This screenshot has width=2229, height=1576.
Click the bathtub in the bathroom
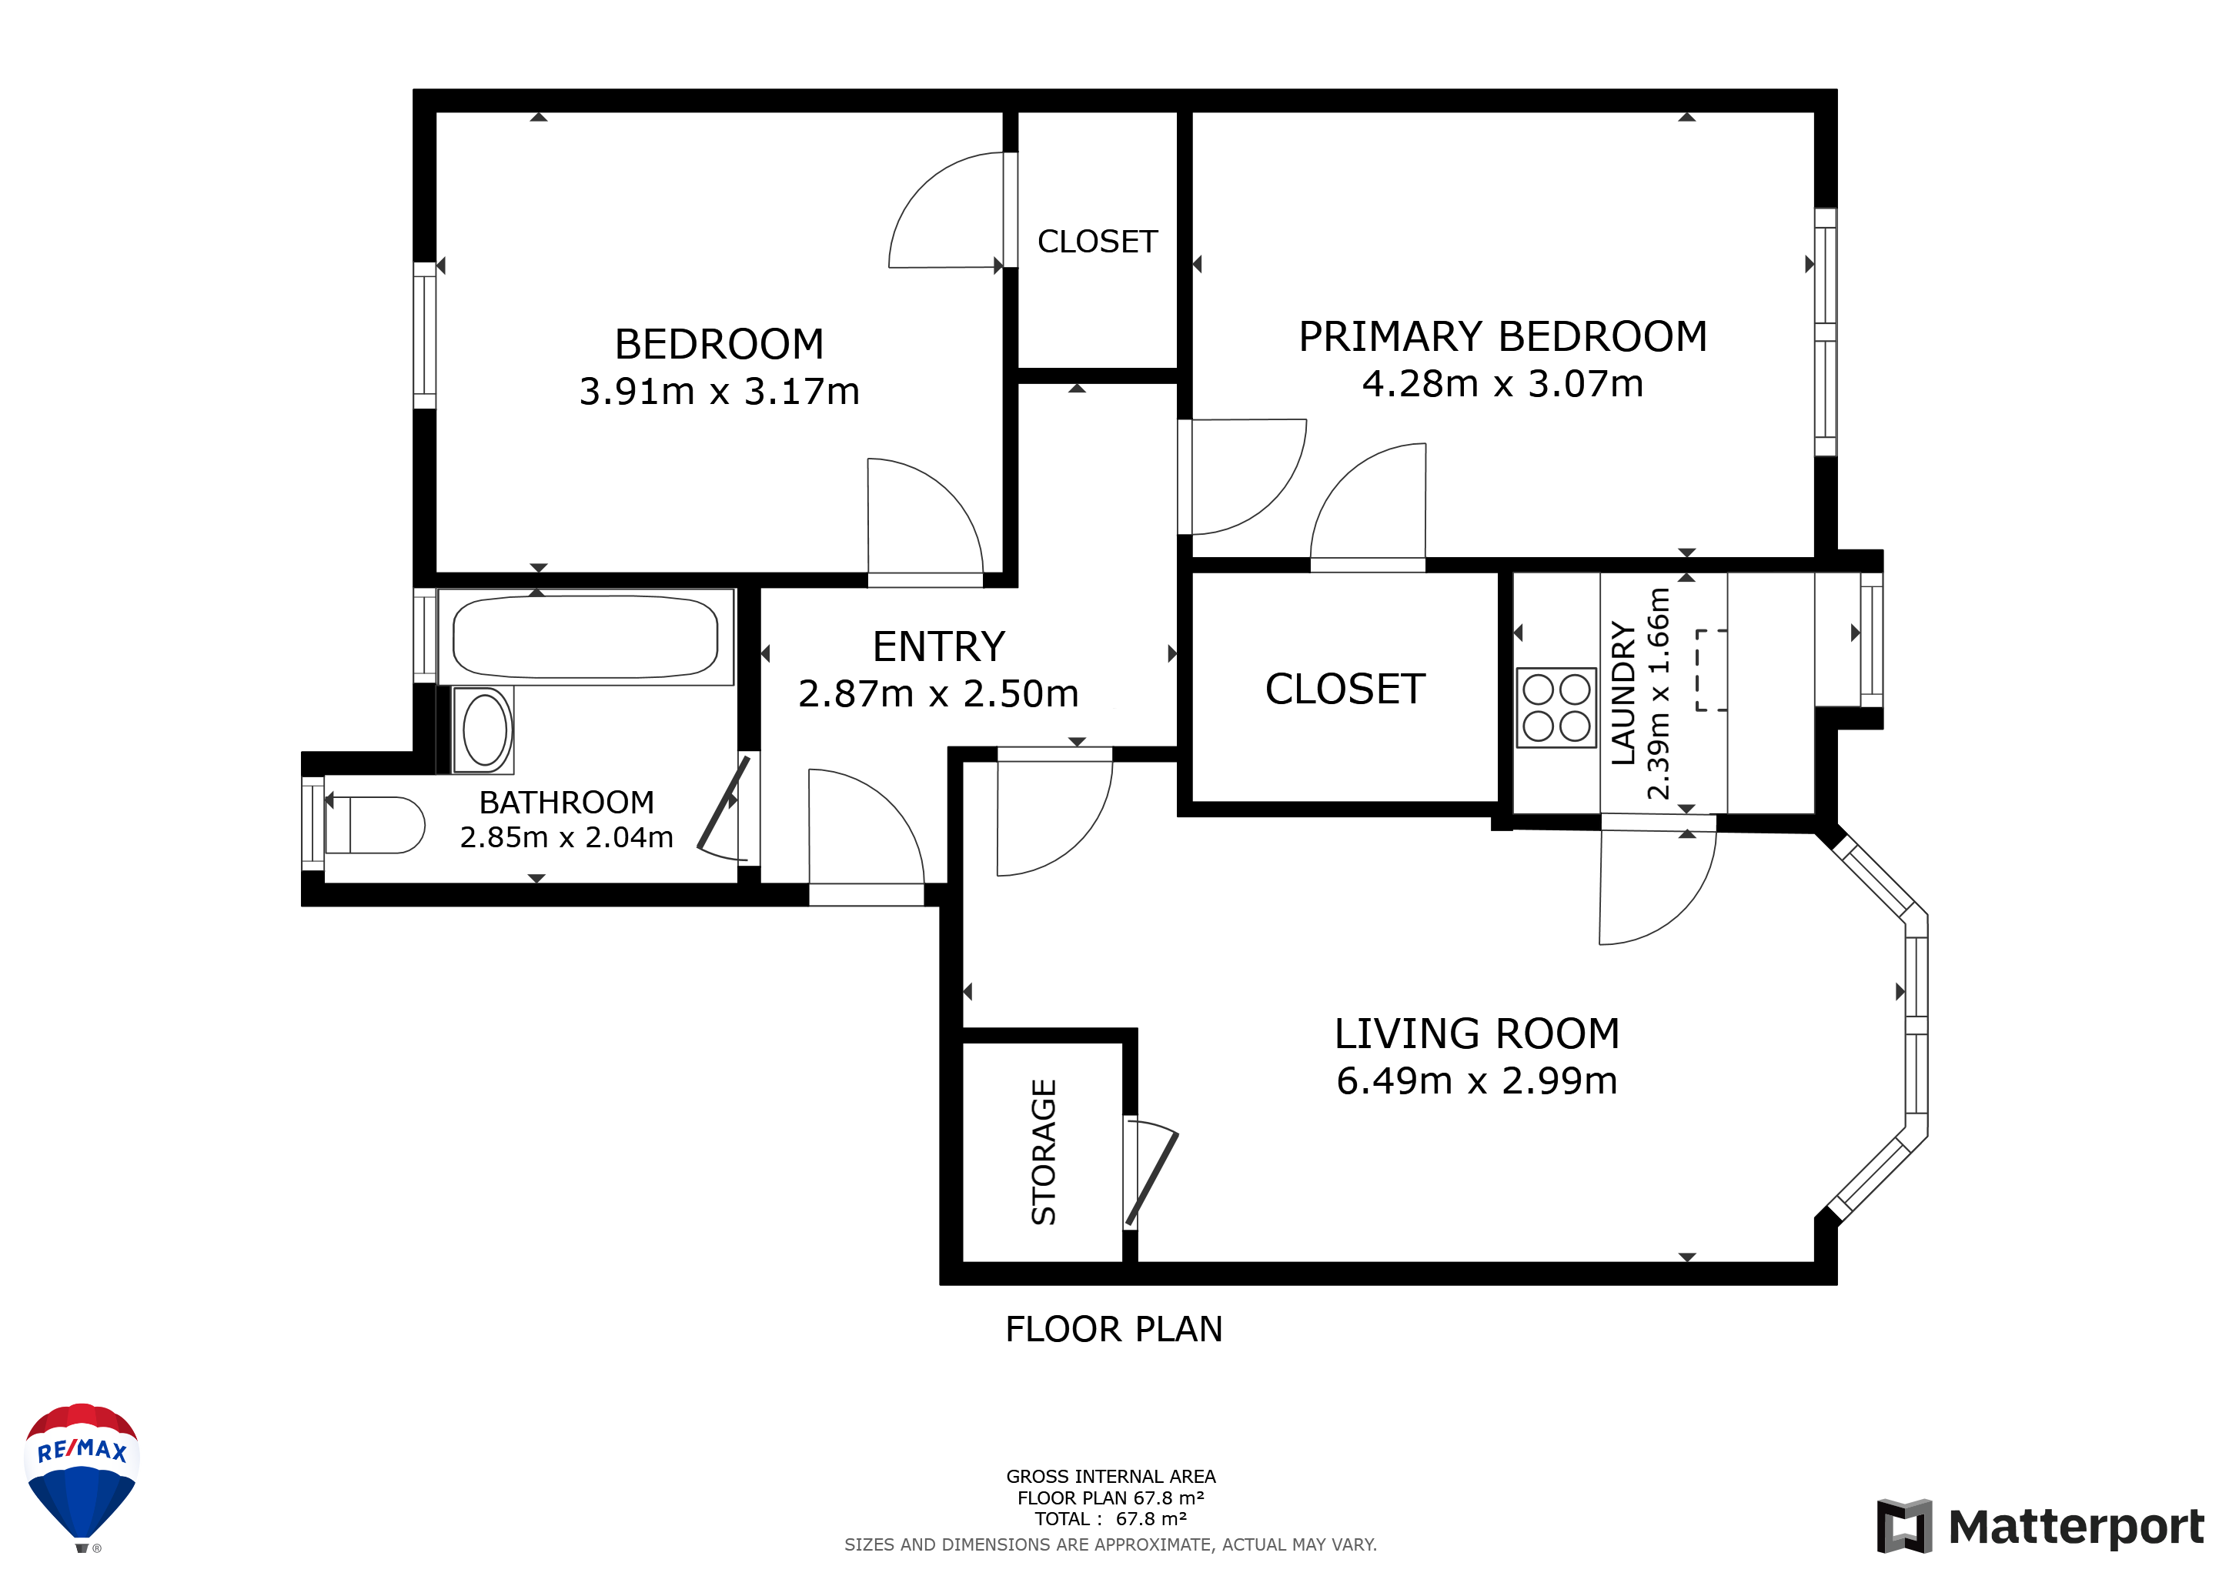point(586,636)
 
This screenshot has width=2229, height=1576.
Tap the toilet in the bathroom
point(375,825)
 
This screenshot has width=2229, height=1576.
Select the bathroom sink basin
point(484,730)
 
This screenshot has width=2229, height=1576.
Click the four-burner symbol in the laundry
point(1556,707)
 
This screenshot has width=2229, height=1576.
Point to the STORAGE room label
point(1044,1152)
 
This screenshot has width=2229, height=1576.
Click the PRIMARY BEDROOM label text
point(1503,337)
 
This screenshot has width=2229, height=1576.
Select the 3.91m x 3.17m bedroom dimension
point(720,391)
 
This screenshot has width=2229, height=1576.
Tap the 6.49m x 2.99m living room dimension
point(1476,1080)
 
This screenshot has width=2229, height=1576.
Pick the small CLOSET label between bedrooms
point(1097,242)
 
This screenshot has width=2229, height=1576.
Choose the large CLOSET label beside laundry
point(1345,689)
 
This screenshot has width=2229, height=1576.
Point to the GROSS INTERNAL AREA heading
point(1111,1477)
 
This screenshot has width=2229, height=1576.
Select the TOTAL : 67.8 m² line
point(1111,1519)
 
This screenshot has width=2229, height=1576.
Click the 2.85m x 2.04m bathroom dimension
point(566,837)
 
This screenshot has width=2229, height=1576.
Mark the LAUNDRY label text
point(1623,693)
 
